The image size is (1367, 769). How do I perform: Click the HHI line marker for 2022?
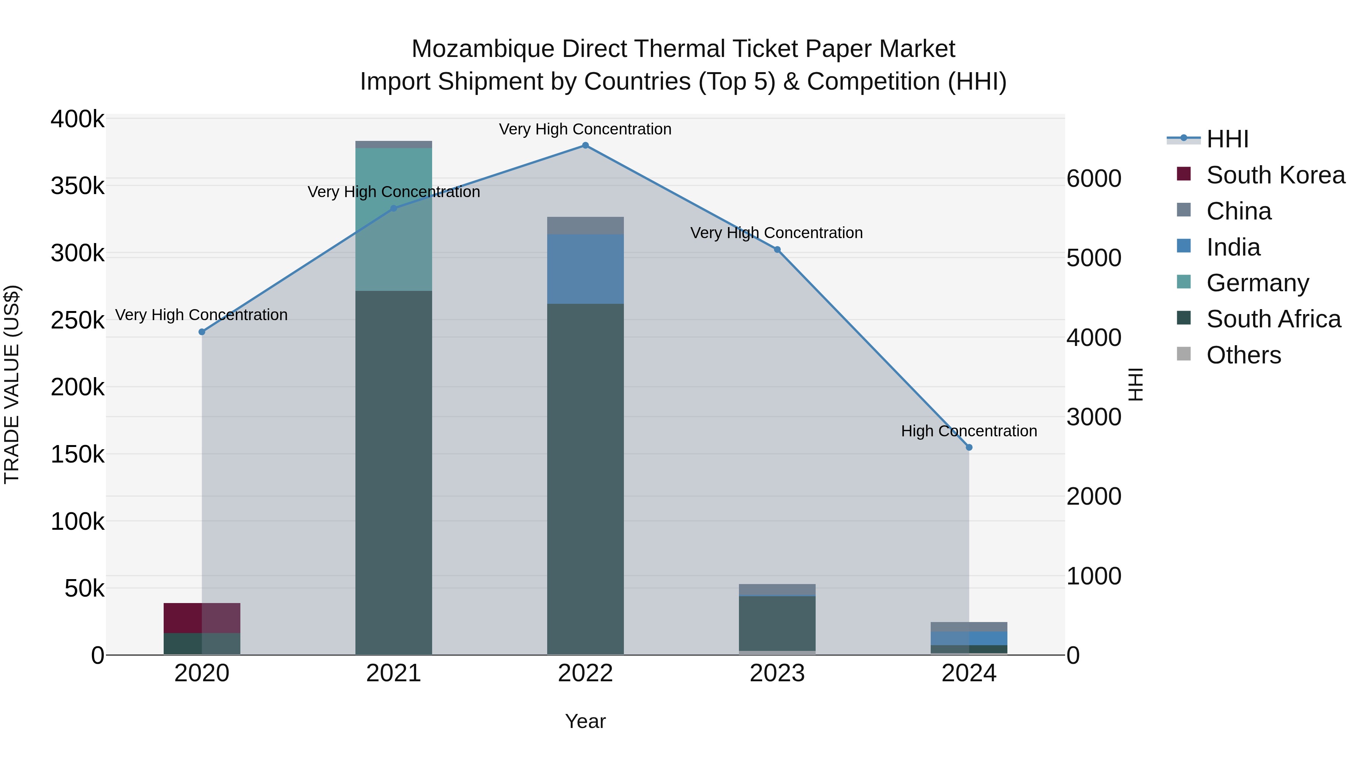click(585, 145)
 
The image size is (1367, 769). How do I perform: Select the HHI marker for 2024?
click(969, 447)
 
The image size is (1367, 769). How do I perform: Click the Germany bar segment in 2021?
click(393, 219)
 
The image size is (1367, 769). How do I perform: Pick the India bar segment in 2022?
click(585, 269)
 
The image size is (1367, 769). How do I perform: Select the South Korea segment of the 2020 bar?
click(202, 618)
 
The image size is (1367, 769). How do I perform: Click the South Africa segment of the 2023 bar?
click(777, 623)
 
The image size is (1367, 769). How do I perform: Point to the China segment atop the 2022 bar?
click(585, 226)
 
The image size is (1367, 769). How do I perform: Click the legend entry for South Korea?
click(1275, 175)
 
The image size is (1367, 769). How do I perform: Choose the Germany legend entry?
click(1257, 283)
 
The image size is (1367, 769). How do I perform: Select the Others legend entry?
click(1243, 355)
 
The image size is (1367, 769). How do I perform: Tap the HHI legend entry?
click(1227, 139)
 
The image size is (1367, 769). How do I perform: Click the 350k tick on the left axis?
click(77, 186)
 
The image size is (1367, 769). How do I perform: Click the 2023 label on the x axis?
click(777, 673)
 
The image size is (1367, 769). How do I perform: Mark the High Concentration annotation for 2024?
click(969, 431)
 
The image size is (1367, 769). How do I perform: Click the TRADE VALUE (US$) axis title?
click(12, 384)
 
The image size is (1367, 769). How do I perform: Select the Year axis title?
click(585, 721)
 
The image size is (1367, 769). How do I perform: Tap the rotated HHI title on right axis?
click(1135, 384)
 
